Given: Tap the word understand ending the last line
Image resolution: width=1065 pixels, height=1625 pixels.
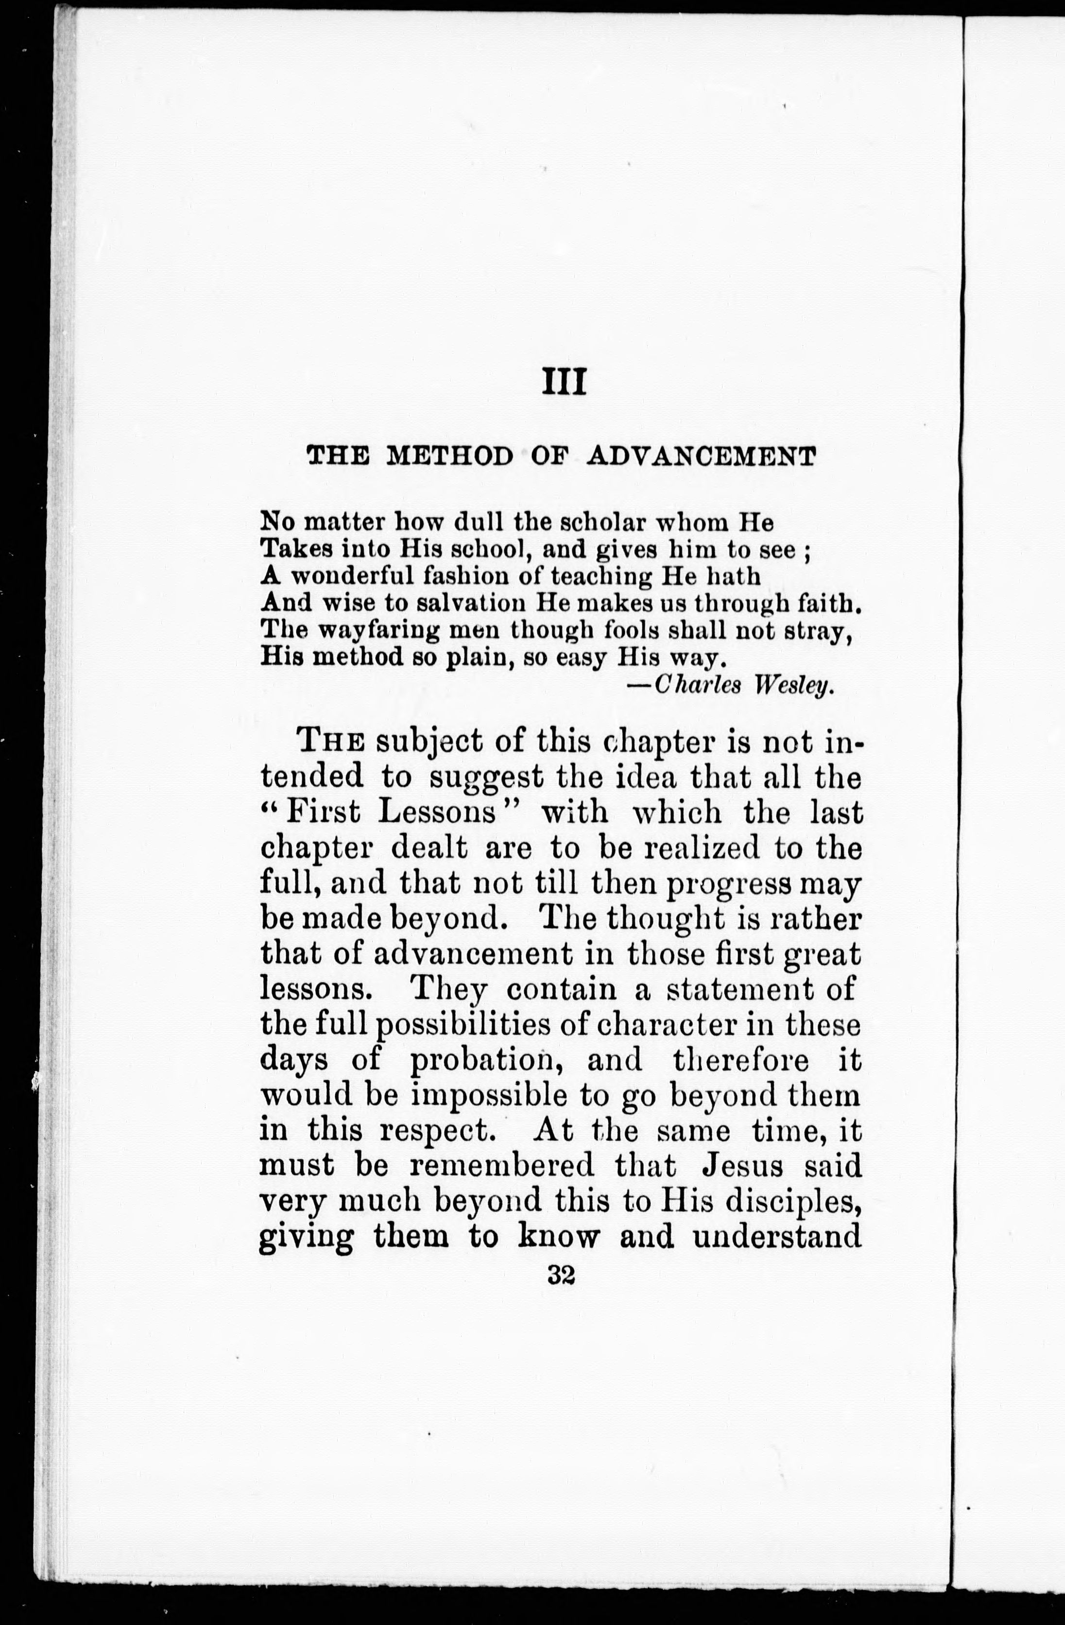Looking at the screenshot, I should (777, 1237).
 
